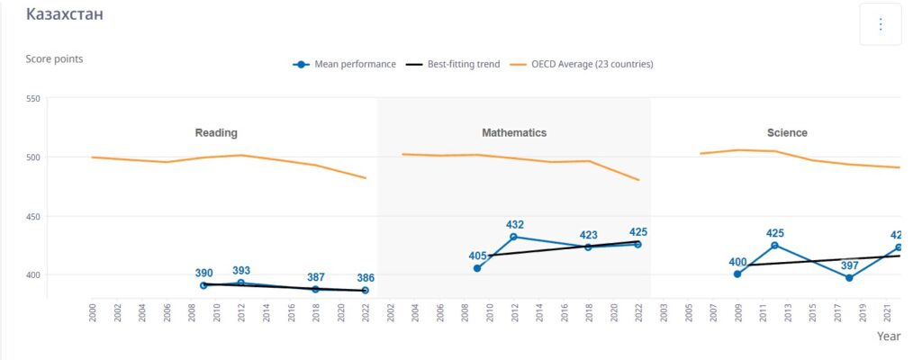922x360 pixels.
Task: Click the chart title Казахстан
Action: (64, 15)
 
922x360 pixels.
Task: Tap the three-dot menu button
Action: (880, 24)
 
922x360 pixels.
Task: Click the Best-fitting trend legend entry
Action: (453, 65)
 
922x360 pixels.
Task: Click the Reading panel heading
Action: (216, 133)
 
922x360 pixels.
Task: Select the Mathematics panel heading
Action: (514, 133)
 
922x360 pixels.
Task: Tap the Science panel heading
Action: (787, 133)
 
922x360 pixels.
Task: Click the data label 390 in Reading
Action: (204, 273)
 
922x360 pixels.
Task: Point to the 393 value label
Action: (241, 270)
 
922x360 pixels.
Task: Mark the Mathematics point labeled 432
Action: (514, 237)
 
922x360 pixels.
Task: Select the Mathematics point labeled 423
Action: (588, 247)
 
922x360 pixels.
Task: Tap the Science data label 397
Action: (824, 265)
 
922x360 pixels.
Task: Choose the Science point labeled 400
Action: (737, 274)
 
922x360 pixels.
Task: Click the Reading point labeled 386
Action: (365, 291)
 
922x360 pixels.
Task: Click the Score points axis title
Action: (55, 59)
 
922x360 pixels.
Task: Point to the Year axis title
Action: (890, 336)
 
